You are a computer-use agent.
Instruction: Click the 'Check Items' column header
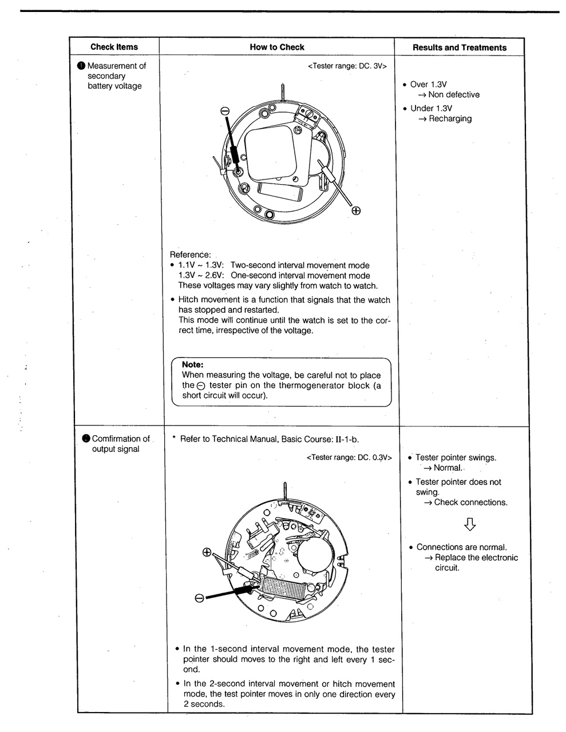[114, 47]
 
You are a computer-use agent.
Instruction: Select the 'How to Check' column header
[277, 47]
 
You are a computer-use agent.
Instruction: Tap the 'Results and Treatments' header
[460, 47]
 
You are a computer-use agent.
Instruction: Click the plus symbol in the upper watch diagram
[356, 211]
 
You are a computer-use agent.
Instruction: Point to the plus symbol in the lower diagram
[207, 552]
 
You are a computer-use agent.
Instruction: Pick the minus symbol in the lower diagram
[199, 598]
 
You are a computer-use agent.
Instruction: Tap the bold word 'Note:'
[193, 364]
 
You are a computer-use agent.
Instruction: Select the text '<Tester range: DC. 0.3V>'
[349, 457]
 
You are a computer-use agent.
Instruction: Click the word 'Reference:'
[191, 254]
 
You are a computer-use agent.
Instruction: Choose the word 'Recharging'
[450, 118]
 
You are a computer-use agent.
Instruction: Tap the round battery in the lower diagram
[314, 556]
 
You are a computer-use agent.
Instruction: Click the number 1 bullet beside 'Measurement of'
[81, 66]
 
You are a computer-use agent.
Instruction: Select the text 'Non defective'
[454, 94]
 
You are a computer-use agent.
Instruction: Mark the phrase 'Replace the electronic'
[476, 558]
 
